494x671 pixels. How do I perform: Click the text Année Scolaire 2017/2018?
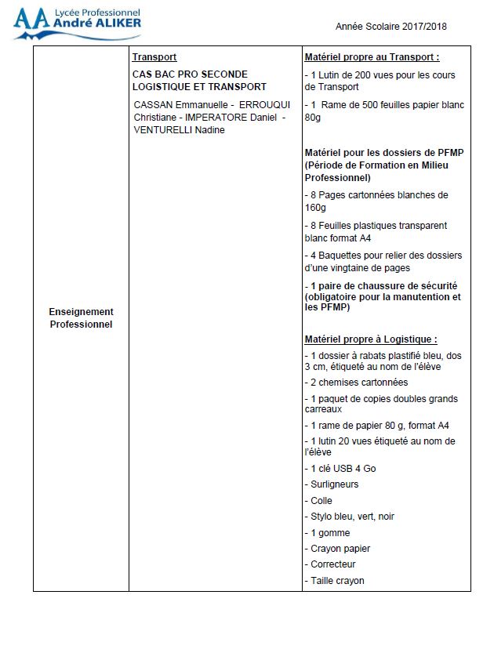tap(391, 27)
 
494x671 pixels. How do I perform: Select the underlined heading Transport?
tap(154, 57)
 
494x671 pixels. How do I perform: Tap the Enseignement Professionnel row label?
tap(81, 317)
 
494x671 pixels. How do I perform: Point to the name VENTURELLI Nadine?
tap(180, 129)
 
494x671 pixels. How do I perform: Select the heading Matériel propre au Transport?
tap(370, 57)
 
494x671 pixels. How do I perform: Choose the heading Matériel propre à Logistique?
tap(370, 339)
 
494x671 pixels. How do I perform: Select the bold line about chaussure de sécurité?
tap(382, 296)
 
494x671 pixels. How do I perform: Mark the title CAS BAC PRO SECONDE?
tap(190, 74)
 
